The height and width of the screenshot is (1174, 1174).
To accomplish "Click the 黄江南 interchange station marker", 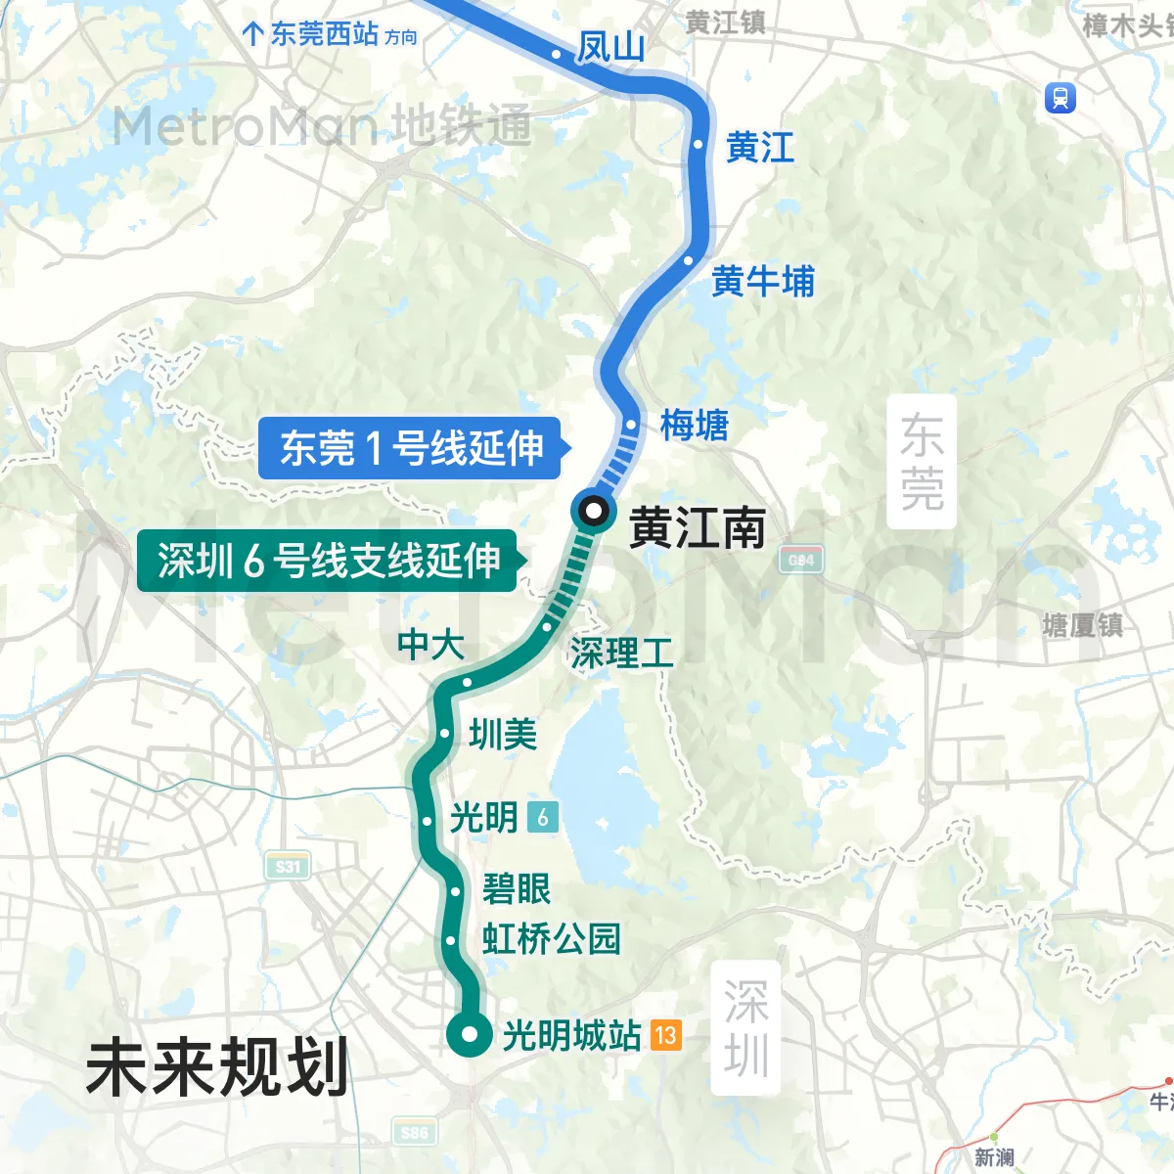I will point(593,511).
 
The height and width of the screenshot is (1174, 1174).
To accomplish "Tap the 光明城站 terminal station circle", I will point(470,1034).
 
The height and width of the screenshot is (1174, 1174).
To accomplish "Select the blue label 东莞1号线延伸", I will point(411,448).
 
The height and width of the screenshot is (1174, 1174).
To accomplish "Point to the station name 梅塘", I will point(694,426).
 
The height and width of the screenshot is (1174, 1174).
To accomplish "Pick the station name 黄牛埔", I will point(763,282).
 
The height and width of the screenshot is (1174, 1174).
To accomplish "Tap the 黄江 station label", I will point(760,148).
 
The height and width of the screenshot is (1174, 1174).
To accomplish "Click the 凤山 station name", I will point(610,46).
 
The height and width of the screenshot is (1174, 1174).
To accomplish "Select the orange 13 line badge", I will point(665,1035).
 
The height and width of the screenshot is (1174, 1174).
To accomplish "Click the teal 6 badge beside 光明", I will point(543,817).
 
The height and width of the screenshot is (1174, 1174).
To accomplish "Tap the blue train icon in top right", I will point(1061,98).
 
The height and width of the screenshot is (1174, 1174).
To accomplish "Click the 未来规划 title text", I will point(217,1067).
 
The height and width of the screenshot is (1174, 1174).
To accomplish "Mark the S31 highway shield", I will point(288,867).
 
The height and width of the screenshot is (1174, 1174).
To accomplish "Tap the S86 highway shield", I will point(414,1133).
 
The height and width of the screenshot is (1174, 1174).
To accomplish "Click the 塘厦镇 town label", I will point(1083,625).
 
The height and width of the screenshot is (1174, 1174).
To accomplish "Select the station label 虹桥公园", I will point(551,939).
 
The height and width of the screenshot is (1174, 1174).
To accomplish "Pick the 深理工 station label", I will point(621,654).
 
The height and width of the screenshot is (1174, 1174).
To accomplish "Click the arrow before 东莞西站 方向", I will point(252,34).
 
